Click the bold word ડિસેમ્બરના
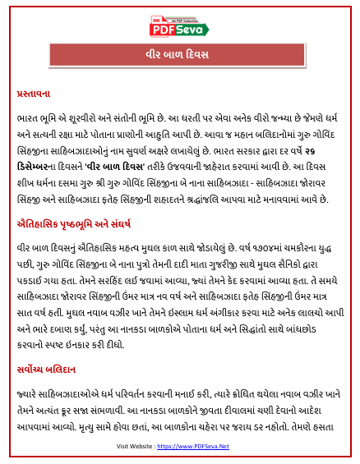pos(35,177)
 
